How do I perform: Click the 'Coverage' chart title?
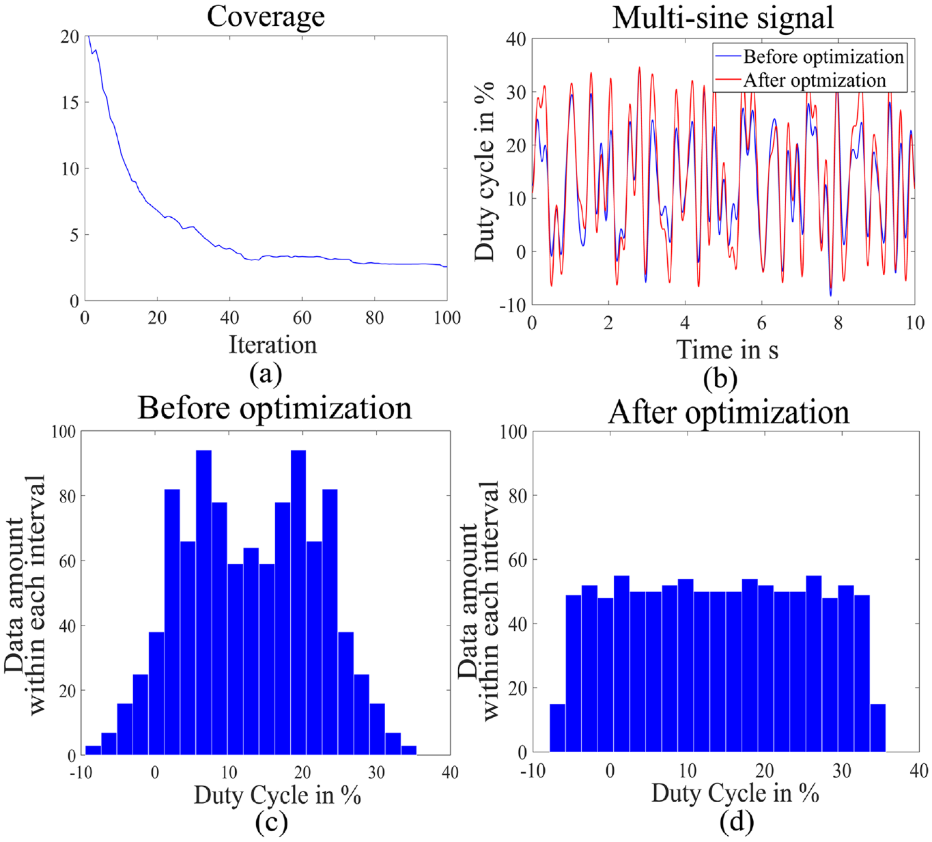(x=266, y=17)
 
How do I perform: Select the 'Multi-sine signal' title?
(x=723, y=18)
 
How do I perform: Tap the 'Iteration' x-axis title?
(x=272, y=346)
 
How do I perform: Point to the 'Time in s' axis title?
(x=727, y=350)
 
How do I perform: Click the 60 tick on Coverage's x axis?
(x=302, y=318)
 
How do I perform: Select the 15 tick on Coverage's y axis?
(x=70, y=102)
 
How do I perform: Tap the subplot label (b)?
(x=720, y=379)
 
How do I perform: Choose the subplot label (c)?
(x=272, y=822)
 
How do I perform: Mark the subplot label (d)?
(x=737, y=822)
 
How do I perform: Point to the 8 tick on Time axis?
(x=838, y=323)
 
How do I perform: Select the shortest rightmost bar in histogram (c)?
(x=409, y=750)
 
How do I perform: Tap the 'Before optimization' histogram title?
(x=274, y=408)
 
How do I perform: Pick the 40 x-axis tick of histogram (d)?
(x=918, y=771)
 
